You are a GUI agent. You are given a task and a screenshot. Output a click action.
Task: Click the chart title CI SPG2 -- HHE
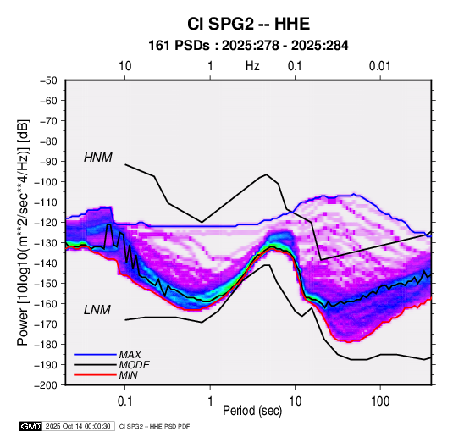coord(248,24)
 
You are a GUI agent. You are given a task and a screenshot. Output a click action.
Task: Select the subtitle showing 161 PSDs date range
coord(248,46)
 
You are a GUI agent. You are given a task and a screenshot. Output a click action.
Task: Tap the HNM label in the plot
coord(98,158)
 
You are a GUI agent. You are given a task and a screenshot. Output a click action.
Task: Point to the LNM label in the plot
coord(97,310)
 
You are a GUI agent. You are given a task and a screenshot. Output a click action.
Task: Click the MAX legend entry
coord(130,354)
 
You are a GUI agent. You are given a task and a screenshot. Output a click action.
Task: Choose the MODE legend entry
coord(135,365)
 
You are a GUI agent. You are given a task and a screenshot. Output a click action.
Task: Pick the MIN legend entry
coord(128,375)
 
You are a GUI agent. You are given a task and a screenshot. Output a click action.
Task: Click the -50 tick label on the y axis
coord(48,80)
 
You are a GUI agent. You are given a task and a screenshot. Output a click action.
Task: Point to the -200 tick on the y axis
coord(47,385)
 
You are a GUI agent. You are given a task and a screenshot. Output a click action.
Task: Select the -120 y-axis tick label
coord(47,223)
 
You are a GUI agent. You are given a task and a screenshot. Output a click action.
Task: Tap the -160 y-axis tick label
coord(47,304)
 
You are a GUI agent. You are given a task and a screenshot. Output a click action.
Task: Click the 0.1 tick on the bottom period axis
coord(124,401)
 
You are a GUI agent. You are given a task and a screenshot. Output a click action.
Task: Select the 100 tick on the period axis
coord(380,401)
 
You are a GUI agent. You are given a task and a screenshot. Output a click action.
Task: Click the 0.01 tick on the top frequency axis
coord(379,66)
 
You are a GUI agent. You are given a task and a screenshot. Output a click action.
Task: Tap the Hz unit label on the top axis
coord(252,66)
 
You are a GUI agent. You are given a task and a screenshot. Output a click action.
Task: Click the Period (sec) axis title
coord(252,411)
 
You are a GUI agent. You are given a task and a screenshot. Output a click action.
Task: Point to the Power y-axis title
coord(23,232)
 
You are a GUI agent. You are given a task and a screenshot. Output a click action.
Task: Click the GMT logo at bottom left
coord(30,426)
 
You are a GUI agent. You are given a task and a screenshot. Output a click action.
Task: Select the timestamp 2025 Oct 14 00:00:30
coord(78,426)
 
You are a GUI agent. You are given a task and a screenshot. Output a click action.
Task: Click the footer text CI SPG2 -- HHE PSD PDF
coord(154,426)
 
